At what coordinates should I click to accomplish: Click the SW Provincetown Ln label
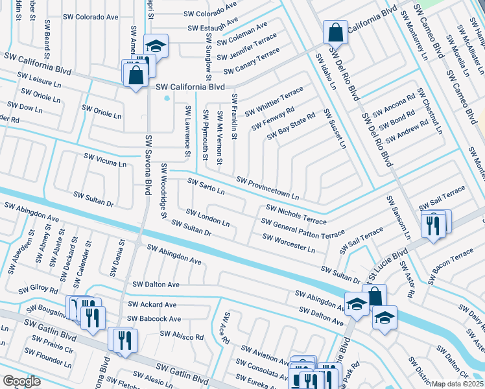pos(268,188)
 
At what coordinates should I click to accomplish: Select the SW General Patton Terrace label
pos(303,227)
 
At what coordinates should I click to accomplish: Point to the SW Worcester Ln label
pos(289,242)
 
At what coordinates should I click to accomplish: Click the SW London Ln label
pos(207,217)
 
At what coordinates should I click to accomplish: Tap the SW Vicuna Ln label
pos(105,160)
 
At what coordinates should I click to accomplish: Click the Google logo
pos(21,381)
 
